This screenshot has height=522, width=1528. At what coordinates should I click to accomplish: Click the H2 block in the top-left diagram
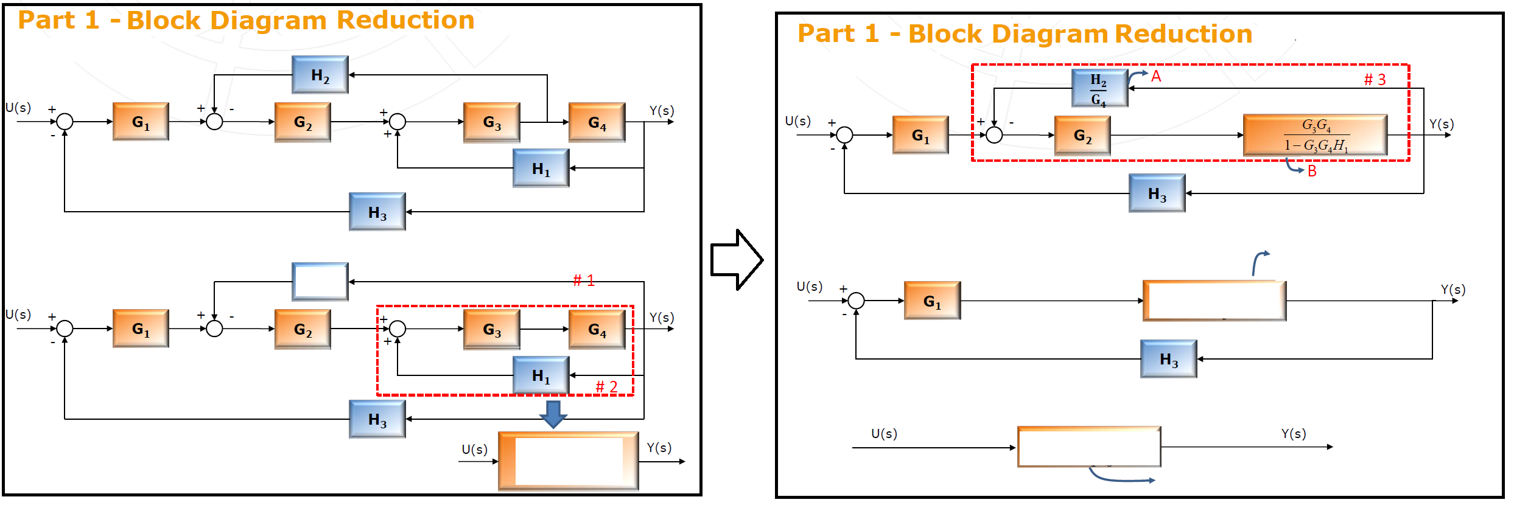[x=320, y=75]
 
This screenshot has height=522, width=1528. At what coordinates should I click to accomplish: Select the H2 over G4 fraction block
[x=1099, y=89]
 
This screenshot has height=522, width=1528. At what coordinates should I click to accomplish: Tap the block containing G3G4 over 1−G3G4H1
[x=1315, y=135]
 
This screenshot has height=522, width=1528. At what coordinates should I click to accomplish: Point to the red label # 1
[x=583, y=280]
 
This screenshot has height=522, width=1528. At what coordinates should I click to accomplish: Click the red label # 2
[x=606, y=387]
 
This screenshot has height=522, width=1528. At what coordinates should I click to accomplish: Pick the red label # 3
[x=1375, y=80]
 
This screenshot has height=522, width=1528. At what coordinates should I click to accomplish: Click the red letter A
[x=1156, y=77]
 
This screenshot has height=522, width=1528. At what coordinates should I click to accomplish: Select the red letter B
[x=1312, y=172]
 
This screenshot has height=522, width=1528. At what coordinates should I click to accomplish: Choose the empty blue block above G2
[x=320, y=282]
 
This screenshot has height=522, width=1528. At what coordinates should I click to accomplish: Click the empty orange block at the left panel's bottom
[x=568, y=461]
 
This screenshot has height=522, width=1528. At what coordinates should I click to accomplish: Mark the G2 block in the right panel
[x=1082, y=136]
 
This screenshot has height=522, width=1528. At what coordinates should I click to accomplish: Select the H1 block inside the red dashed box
[x=541, y=375]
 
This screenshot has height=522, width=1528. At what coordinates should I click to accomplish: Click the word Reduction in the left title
[x=405, y=20]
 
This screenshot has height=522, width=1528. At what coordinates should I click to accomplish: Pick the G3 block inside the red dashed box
[x=491, y=329]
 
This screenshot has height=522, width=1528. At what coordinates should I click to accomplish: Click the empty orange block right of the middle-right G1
[x=1214, y=301]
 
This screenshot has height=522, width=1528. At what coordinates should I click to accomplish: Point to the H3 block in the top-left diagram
[x=377, y=212]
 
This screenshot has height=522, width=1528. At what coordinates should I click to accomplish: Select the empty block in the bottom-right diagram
[x=1089, y=447]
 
